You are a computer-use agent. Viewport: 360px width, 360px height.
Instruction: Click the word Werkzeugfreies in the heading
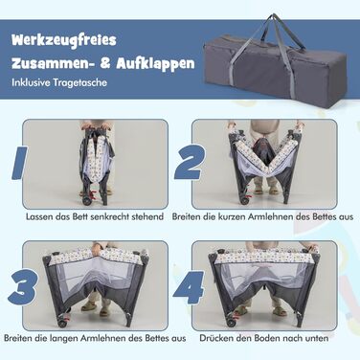(64, 41)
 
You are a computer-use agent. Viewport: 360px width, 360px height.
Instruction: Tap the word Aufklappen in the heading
(155, 63)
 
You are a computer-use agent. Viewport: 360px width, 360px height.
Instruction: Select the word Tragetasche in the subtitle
(80, 82)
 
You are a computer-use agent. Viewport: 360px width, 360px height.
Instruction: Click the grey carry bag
(275, 63)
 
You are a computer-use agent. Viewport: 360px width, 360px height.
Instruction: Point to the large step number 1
(19, 163)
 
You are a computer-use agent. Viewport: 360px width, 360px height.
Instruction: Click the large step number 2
(190, 163)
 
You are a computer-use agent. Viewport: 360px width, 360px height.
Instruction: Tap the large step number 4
(190, 287)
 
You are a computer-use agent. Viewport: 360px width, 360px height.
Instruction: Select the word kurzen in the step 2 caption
(232, 216)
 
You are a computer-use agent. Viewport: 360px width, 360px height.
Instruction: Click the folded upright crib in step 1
(96, 163)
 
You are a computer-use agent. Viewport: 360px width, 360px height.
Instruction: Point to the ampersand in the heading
(105, 63)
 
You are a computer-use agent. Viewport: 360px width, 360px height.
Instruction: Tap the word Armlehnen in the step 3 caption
(103, 338)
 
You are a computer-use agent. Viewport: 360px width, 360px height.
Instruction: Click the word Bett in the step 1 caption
(80, 216)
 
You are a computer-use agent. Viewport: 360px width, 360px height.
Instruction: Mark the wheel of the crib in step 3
(61, 323)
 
